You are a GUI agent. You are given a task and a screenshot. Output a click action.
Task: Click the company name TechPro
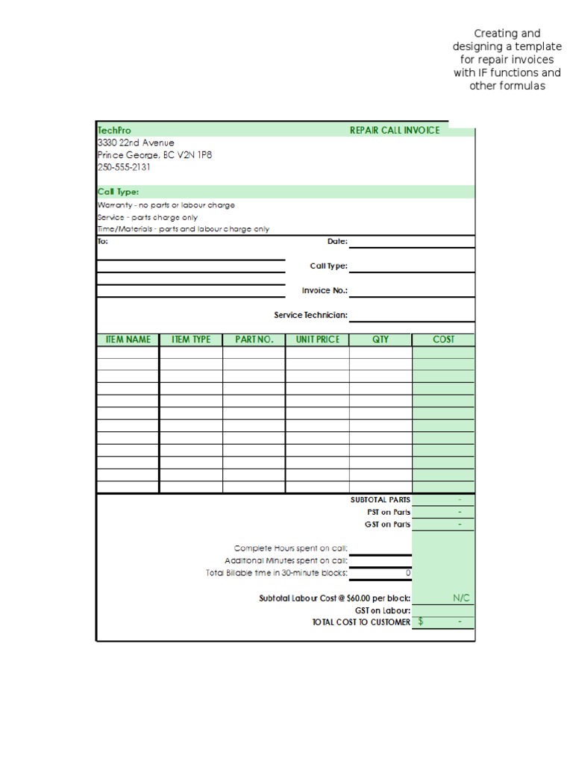(114, 131)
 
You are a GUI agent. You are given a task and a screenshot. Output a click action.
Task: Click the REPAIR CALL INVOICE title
(395, 131)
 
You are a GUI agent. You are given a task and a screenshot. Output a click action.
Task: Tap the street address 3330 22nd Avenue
(136, 143)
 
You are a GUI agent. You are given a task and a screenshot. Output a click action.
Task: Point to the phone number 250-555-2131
(124, 167)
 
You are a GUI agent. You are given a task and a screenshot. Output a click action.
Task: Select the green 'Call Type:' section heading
(118, 192)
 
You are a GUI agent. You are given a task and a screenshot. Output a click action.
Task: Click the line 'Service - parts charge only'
(148, 217)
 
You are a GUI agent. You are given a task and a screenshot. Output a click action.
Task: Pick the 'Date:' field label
(337, 241)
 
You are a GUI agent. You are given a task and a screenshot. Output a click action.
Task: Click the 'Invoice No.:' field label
(325, 290)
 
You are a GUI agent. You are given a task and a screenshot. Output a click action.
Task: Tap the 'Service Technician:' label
(310, 315)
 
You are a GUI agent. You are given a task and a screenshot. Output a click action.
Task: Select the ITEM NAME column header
(128, 339)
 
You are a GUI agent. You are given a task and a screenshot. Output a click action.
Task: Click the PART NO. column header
(254, 339)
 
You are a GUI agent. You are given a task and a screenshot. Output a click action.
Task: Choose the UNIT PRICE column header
(317, 339)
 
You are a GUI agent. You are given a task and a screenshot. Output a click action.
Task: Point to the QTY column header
(381, 339)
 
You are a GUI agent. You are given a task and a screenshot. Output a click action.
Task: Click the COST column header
(443, 339)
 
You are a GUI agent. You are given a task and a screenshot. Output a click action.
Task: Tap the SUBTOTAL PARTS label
(380, 500)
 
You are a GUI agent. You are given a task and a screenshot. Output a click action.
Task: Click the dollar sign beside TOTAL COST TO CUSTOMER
(421, 621)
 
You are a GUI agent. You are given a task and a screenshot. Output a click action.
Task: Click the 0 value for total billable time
(407, 573)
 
